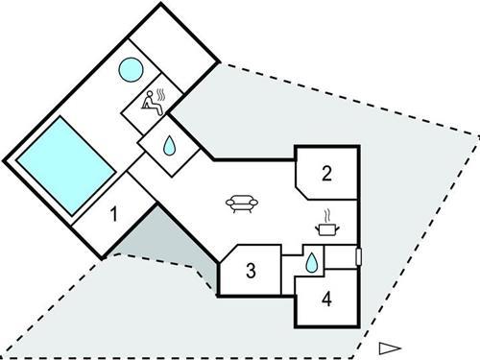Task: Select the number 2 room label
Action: coord(327,174)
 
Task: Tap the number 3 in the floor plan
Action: coord(251,270)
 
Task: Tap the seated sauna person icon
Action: coord(150,102)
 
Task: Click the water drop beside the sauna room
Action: coord(169,146)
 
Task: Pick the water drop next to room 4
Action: coord(313,260)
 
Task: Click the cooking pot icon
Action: coord(327,228)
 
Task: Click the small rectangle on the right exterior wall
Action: coord(357,256)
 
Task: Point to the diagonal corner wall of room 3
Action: coord(228,253)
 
